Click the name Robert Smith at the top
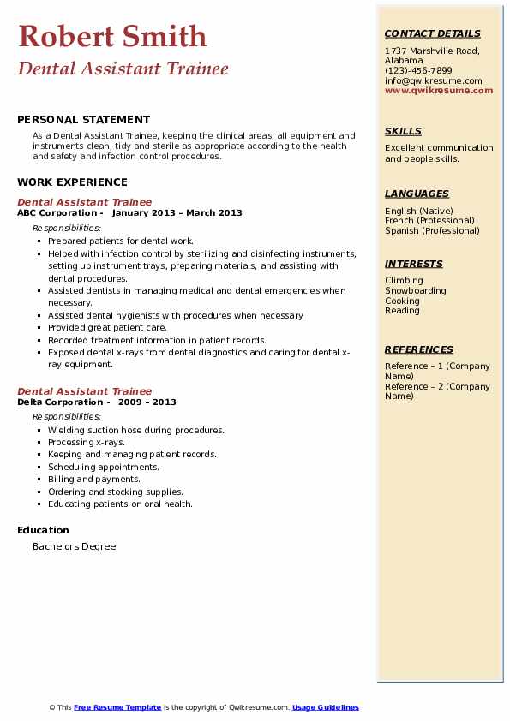pos(112,36)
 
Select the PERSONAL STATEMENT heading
pos(83,120)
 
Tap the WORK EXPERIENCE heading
pos(72,182)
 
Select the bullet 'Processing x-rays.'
pos(86,442)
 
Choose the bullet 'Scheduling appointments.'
pos(104,467)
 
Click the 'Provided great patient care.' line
pos(107,327)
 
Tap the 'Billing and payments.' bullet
pos(94,479)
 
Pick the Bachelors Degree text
pos(74,546)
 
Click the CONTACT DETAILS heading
pos(432,33)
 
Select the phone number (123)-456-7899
pos(418,71)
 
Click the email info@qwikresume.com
pos(433,80)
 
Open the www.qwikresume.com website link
pos(439,90)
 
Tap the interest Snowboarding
pos(415,290)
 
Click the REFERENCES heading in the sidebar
pos(418,349)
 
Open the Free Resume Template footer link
pos(117,707)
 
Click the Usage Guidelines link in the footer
pos(326,707)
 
